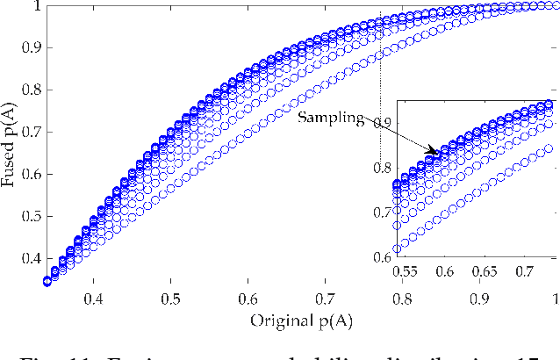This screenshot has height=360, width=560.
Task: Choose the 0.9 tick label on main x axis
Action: pyautogui.click(x=479, y=299)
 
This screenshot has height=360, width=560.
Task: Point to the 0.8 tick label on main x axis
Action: pyautogui.click(x=402, y=299)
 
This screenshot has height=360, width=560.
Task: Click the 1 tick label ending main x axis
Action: pyautogui.click(x=553, y=299)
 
